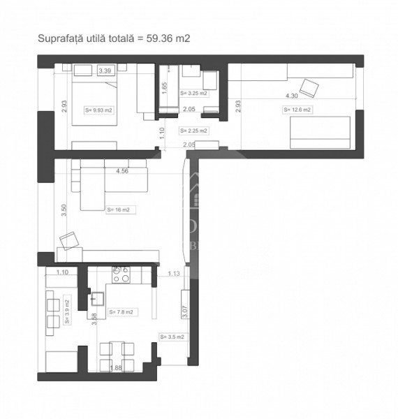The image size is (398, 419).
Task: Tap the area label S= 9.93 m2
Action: [x=98, y=110]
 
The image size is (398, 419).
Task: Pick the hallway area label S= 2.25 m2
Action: [x=193, y=131]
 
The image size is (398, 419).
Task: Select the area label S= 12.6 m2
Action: [x=297, y=110]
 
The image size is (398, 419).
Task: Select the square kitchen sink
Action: [x=96, y=299]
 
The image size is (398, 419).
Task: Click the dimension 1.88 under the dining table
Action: [x=115, y=369]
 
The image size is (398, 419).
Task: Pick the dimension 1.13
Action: [x=174, y=274]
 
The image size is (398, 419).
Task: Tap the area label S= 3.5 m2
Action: [x=172, y=337]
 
